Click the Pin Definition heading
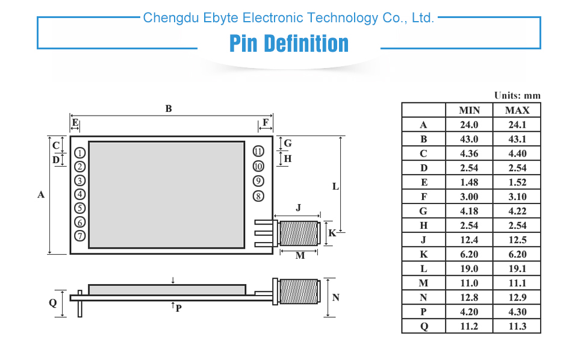[289, 44]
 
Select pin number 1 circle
[80, 152]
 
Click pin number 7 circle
[80, 236]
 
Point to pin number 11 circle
[258, 152]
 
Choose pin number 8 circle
[258, 196]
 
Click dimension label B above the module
[169, 108]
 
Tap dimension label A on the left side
[42, 194]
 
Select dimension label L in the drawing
[336, 187]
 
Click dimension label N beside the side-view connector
[336, 297]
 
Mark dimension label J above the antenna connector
[299, 208]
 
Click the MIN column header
[469, 110]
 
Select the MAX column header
[517, 110]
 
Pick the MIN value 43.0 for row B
[469, 139]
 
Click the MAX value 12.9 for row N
[517, 297]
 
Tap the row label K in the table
[423, 254]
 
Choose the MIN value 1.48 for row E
[469, 182]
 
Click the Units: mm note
[517, 95]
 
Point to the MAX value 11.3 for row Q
[517, 326]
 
